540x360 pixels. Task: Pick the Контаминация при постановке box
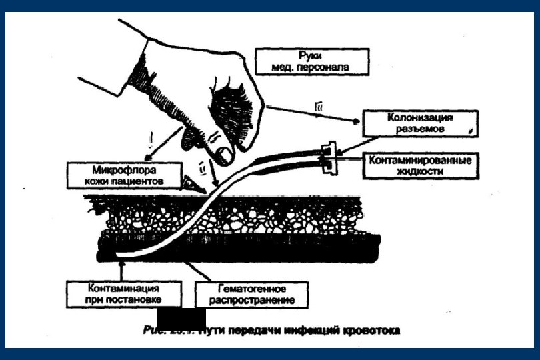(x=123, y=293)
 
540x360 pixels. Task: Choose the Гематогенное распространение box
(x=252, y=294)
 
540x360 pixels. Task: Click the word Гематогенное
(x=253, y=288)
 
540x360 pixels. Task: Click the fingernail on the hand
(x=226, y=155)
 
